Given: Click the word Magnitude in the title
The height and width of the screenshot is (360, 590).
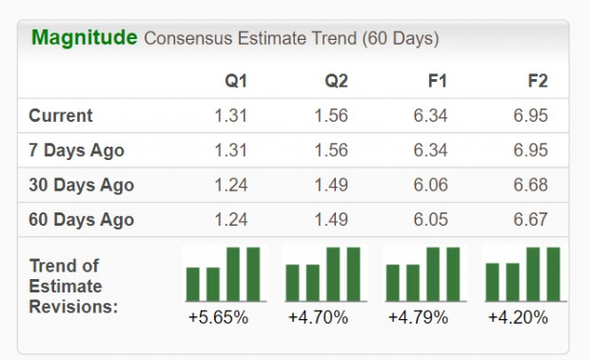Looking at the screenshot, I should click(83, 39).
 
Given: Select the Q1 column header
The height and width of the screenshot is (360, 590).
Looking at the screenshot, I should click(234, 81).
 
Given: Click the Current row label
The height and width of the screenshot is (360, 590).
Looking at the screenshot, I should click(61, 116).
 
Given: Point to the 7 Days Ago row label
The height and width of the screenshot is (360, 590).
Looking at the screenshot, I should click(76, 150).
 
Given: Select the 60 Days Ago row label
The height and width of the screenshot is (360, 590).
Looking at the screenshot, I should click(81, 220).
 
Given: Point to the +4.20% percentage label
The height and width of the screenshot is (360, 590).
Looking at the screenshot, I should click(520, 317).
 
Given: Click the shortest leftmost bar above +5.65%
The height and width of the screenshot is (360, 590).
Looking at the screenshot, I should click(193, 284).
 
